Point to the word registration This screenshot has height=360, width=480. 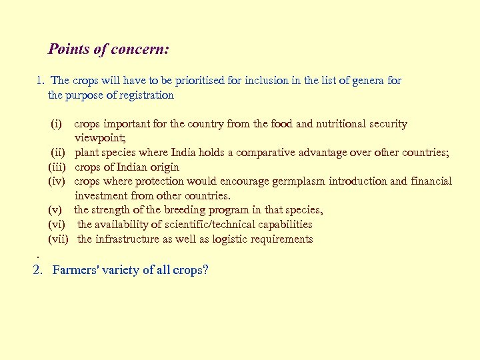click(x=143, y=95)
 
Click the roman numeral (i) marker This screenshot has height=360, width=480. click(x=57, y=124)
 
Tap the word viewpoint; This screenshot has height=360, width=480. click(x=99, y=138)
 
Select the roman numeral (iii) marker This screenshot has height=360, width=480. click(x=57, y=167)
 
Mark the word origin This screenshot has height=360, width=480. click(x=163, y=167)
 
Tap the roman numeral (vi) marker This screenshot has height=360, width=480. click(x=57, y=225)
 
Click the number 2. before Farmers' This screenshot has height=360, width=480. click(x=38, y=271)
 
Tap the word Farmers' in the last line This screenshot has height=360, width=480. click(x=75, y=271)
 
